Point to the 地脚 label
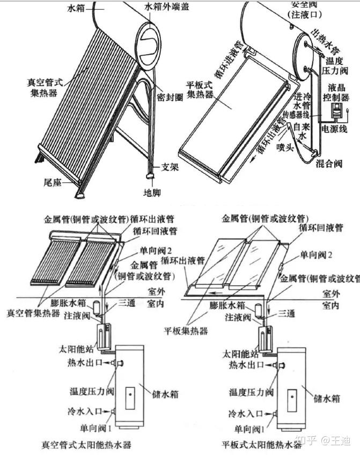pos(151,192)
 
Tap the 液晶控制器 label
pos(337,93)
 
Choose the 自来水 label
pos(303,132)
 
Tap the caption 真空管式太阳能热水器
pos(86,444)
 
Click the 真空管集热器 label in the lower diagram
pos(33,312)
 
